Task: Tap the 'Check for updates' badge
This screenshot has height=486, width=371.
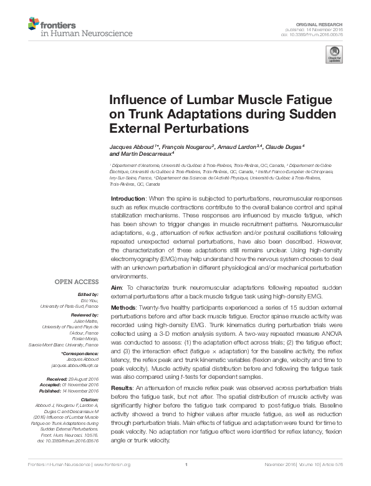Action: pyautogui.click(x=334, y=57)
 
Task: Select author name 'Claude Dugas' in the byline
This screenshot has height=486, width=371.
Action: pyautogui.click(x=284, y=146)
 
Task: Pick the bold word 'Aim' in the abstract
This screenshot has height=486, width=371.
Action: pyautogui.click(x=115, y=288)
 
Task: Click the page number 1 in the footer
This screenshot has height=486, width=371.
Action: pyautogui.click(x=186, y=481)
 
